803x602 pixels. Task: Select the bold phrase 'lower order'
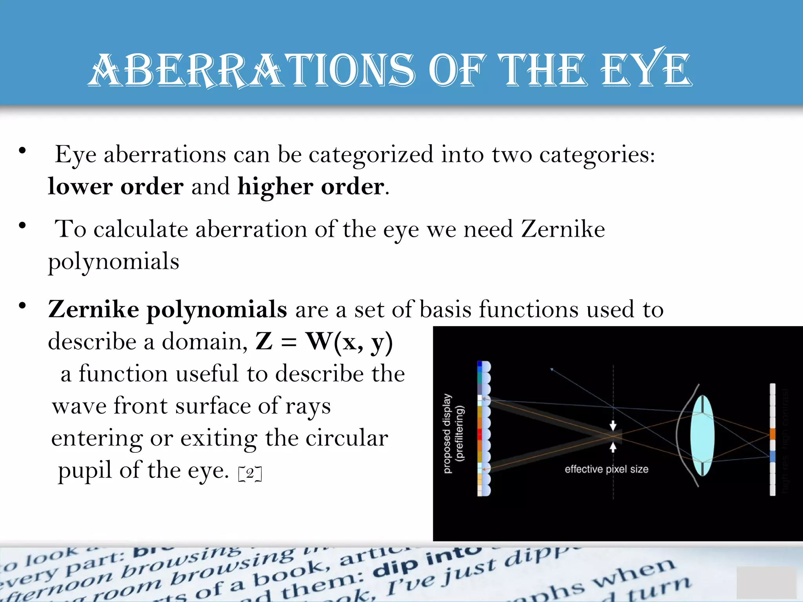click(116, 186)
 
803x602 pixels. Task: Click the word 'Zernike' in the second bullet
click(563, 229)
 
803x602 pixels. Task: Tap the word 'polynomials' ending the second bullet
click(114, 262)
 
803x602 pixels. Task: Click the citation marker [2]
click(250, 473)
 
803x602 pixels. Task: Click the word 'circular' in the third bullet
click(347, 438)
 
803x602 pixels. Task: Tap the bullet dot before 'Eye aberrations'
click(22, 151)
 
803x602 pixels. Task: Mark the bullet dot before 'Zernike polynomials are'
click(22, 306)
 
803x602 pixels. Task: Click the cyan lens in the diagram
click(702, 435)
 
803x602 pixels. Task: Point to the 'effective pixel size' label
click(606, 469)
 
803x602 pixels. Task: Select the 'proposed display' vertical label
click(447, 433)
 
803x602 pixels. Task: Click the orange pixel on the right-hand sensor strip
click(772, 434)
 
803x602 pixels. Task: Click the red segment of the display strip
click(480, 434)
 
